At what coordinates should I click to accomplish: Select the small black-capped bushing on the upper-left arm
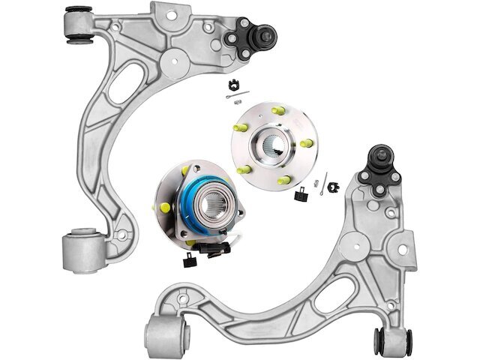(x=77, y=25)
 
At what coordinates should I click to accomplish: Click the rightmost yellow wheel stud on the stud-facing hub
(x=307, y=142)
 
